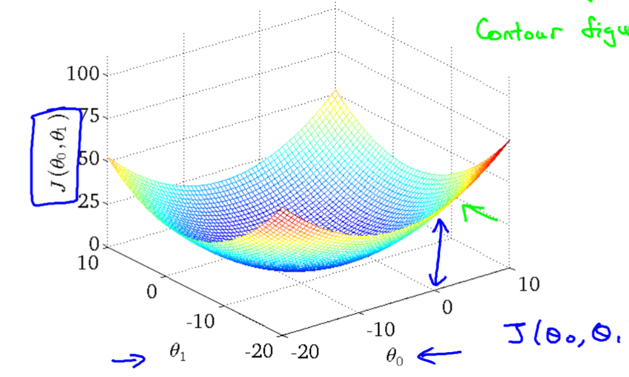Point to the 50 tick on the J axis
tap(90, 159)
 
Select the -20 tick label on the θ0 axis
tap(305, 351)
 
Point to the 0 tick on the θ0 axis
tap(447, 308)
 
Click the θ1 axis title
tap(179, 352)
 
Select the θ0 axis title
tap(394, 356)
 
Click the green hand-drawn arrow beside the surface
tap(479, 213)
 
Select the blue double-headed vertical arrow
tap(439, 252)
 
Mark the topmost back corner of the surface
tap(333, 92)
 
